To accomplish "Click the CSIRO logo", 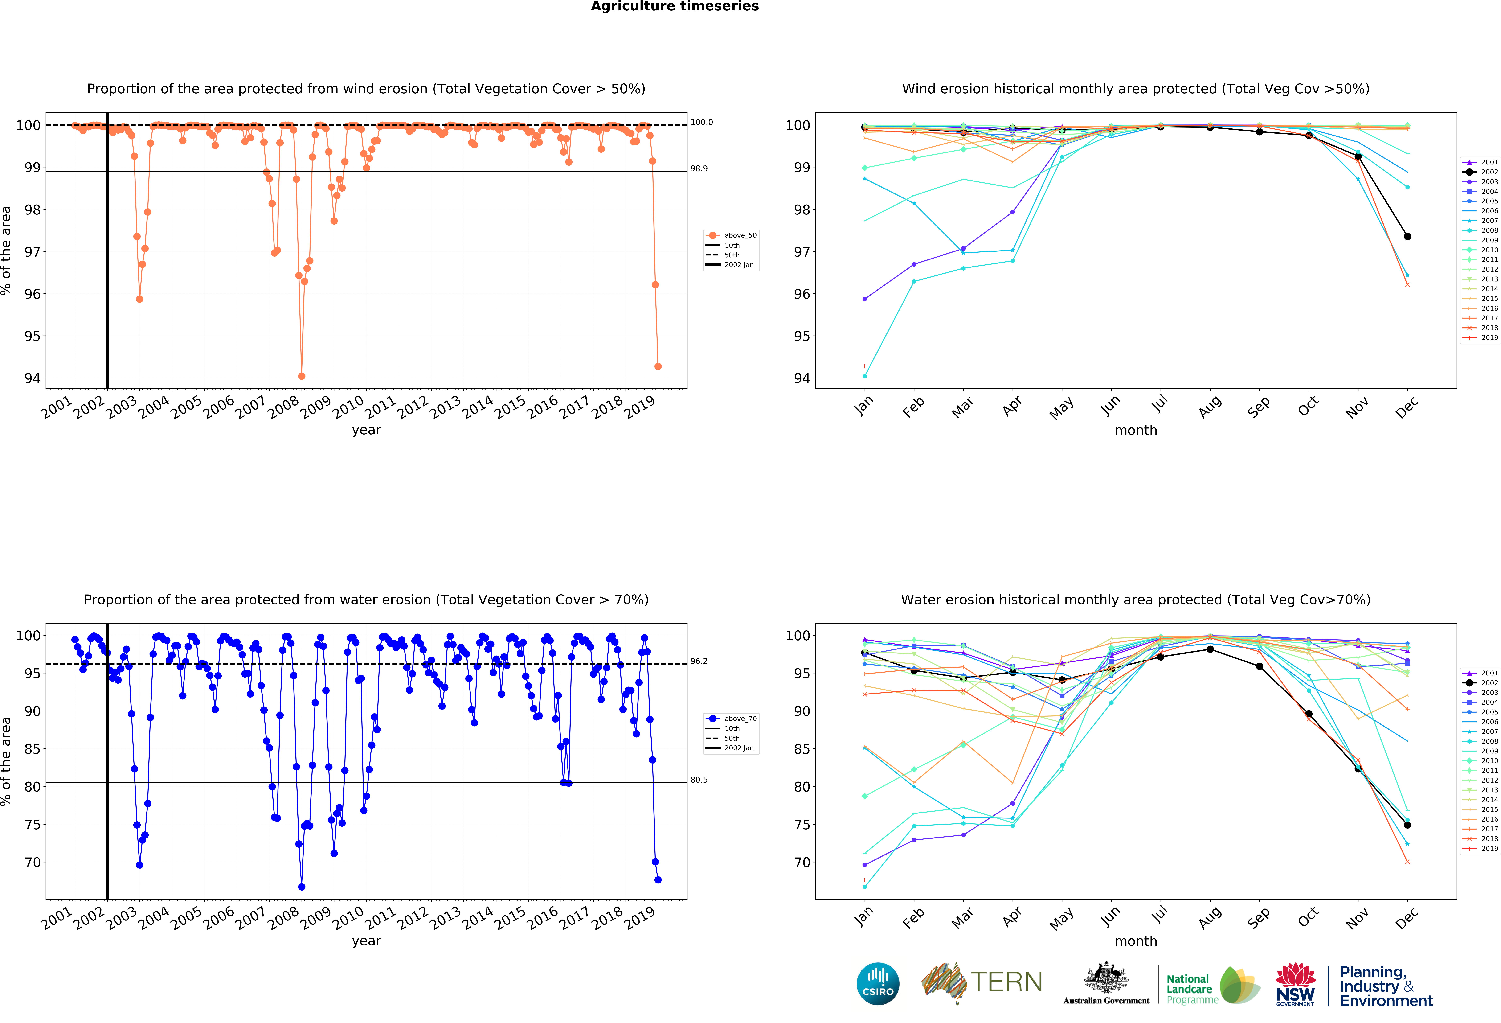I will click(x=878, y=984).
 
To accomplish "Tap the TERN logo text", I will click(x=1006, y=982).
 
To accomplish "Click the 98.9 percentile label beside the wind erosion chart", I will click(x=699, y=168).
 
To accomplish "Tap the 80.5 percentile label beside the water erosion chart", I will click(x=699, y=780).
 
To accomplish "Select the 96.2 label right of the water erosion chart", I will click(x=699, y=661).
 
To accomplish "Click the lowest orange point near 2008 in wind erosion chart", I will click(x=302, y=376).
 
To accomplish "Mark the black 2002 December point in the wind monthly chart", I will click(x=1407, y=236).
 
